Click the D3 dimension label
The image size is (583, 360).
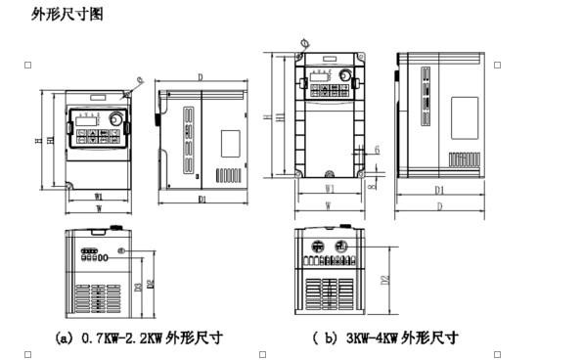138,287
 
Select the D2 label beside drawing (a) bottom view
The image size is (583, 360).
150,284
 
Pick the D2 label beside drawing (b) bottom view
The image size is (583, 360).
384,280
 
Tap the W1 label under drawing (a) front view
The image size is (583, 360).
99,197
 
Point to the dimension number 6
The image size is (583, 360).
377,149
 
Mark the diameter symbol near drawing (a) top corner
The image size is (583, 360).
141,79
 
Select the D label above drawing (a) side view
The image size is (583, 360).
200,76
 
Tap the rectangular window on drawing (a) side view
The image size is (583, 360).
230,143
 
